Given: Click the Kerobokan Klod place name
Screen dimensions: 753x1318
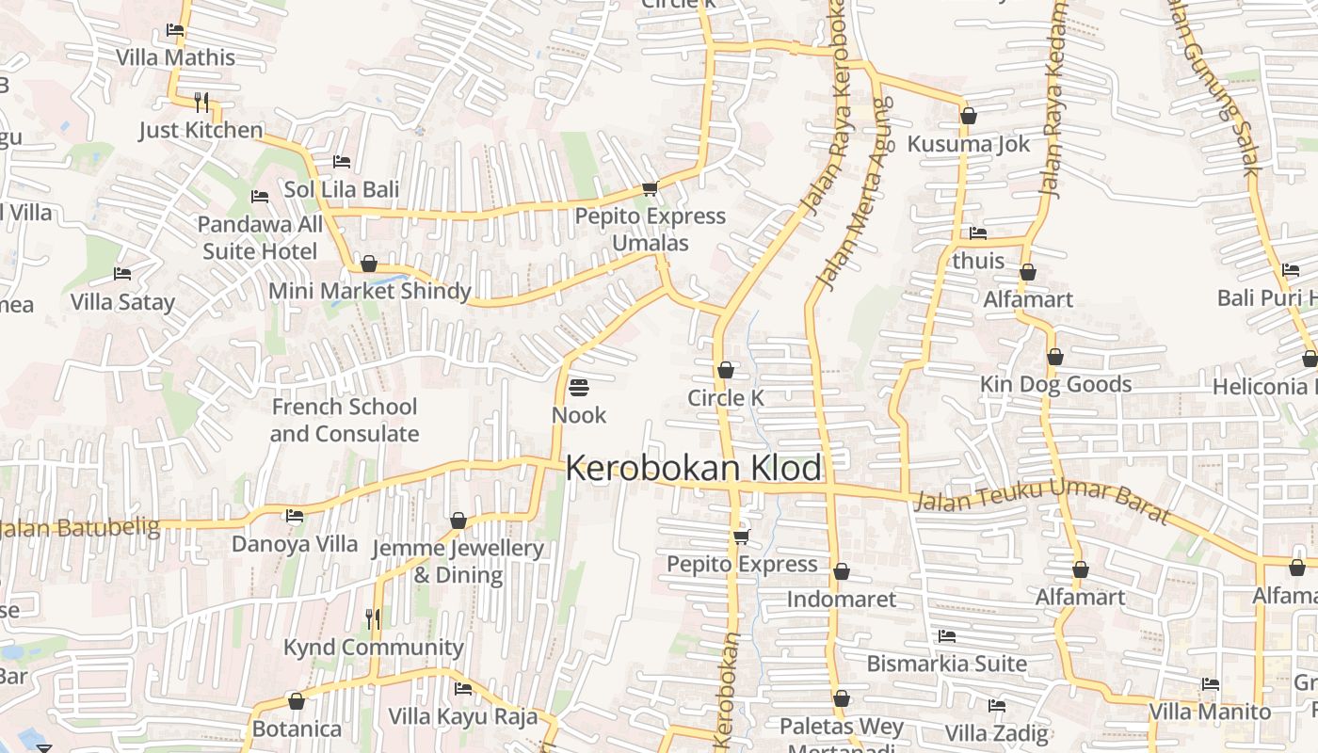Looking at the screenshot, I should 695,468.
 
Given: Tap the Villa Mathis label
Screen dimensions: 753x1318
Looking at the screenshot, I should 175,57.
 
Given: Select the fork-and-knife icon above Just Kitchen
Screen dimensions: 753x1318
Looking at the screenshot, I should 201,102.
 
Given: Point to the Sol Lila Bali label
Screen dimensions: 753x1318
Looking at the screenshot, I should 342,189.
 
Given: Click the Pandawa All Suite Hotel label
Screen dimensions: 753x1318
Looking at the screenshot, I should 260,238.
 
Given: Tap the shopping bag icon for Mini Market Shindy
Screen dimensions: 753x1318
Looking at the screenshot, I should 369,264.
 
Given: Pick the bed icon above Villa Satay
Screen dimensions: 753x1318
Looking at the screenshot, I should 122,274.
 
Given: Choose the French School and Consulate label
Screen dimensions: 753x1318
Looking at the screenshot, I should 344,420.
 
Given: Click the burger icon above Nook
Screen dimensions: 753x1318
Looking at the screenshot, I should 578,388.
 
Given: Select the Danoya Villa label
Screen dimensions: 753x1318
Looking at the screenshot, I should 295,544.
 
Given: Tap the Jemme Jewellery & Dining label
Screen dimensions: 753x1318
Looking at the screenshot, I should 458,561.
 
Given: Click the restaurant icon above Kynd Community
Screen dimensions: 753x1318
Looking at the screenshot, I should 373,618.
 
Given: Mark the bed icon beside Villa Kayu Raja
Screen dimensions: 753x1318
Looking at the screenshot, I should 463,689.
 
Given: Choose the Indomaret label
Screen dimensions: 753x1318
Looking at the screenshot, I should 841,600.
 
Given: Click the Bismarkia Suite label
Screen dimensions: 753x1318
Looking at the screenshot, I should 946,664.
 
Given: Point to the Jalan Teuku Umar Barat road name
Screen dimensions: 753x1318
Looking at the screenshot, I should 1042,503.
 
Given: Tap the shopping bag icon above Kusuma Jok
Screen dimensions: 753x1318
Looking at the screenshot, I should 969,117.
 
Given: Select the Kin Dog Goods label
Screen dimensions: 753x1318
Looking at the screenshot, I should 1055,384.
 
